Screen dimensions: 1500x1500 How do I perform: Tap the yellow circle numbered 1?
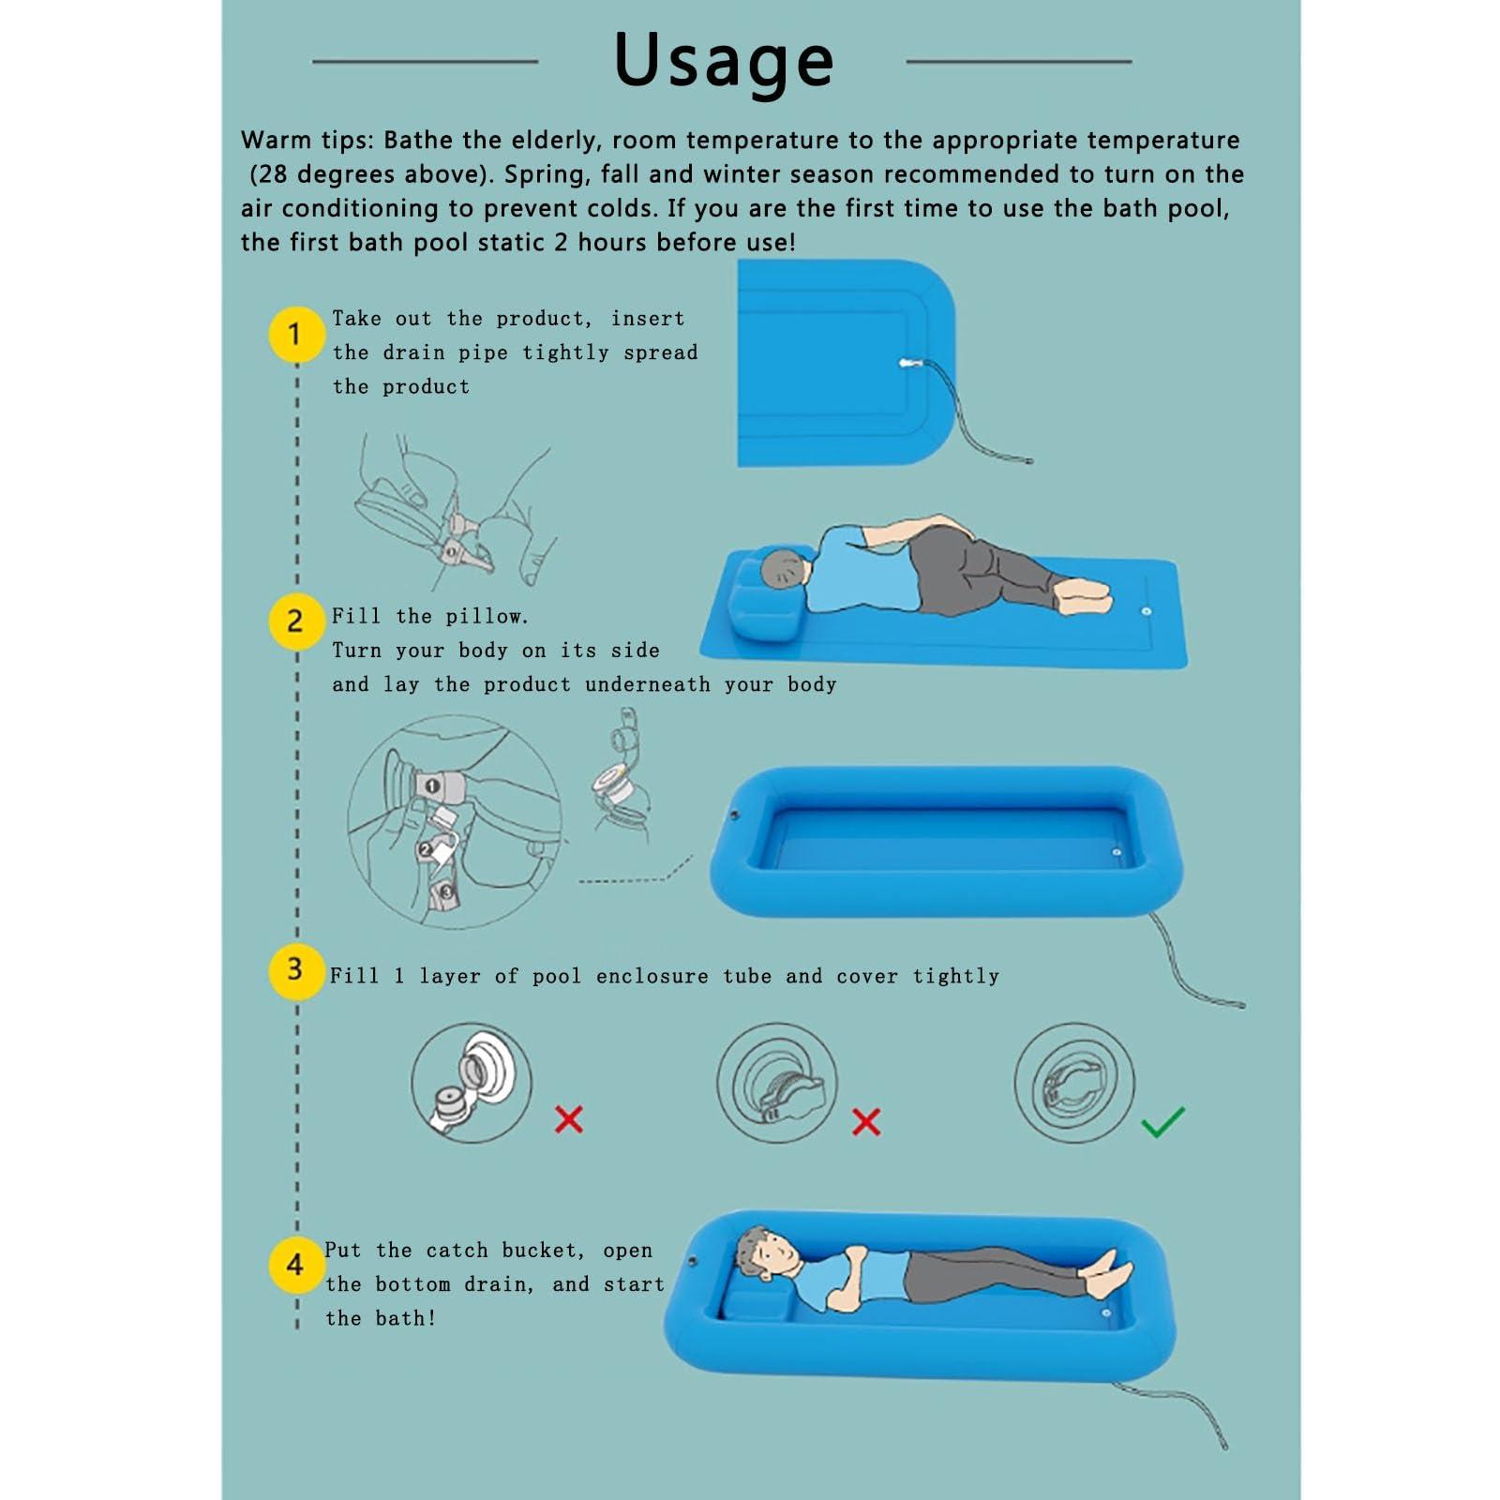click(x=296, y=335)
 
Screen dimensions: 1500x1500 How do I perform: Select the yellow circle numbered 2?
click(x=296, y=621)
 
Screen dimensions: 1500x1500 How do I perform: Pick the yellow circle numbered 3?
click(x=296, y=970)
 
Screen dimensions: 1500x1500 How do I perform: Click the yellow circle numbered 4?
click(x=296, y=1266)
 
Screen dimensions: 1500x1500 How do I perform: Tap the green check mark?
click(x=1162, y=1121)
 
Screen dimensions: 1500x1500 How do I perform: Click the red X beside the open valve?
click(x=568, y=1118)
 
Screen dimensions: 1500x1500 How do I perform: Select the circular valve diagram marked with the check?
click(x=1074, y=1083)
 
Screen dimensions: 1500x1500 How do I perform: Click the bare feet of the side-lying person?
click(x=1084, y=594)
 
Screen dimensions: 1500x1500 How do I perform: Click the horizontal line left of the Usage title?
click(x=425, y=62)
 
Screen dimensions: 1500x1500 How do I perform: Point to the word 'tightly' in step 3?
click(x=956, y=976)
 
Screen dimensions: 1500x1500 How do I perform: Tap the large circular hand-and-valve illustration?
click(x=455, y=822)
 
